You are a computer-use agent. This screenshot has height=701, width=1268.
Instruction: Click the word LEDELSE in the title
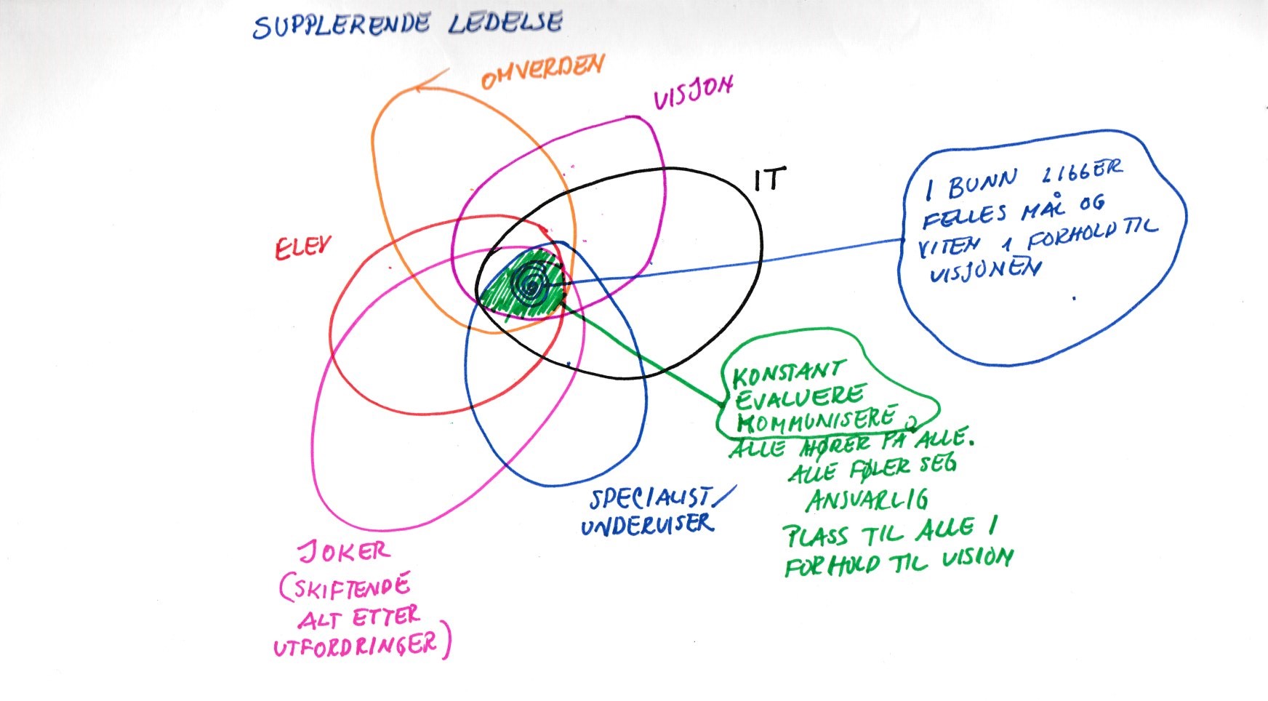click(505, 23)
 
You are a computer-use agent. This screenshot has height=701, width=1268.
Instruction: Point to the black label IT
click(769, 179)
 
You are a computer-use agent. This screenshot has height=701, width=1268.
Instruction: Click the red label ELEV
click(302, 248)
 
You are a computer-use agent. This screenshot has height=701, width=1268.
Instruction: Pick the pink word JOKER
click(345, 553)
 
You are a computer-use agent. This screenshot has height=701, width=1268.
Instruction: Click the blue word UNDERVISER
click(646, 525)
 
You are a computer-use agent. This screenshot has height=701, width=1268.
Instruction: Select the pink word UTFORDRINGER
click(356, 645)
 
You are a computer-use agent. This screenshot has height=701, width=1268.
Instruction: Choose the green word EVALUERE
click(798, 398)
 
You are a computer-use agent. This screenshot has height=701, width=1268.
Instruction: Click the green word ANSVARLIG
click(867, 500)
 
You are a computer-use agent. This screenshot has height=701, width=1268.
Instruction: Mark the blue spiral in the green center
click(531, 284)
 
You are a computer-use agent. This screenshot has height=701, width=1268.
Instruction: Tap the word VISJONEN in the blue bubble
click(985, 271)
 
